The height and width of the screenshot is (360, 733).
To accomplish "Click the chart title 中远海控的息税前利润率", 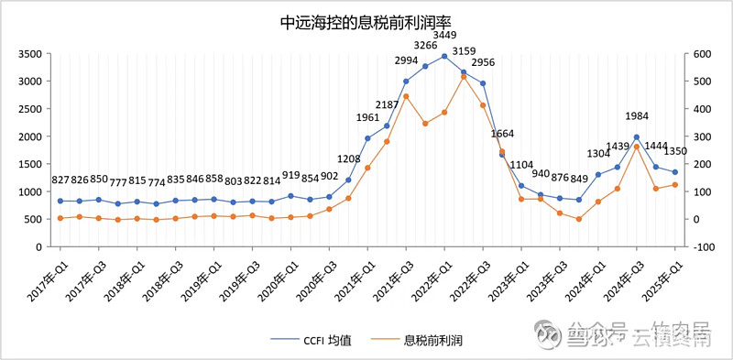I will (x=366, y=21).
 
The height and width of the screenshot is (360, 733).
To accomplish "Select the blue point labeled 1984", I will (x=637, y=137).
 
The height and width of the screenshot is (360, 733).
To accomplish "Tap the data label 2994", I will (x=406, y=60).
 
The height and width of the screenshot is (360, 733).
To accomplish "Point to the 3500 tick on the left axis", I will (x=29, y=54).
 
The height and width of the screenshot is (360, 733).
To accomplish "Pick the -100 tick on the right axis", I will (x=701, y=246).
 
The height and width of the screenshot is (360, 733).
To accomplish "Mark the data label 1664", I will (x=502, y=134).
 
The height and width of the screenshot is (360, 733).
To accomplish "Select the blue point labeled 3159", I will (x=464, y=72).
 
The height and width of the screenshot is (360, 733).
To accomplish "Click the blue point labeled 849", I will (x=579, y=200).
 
